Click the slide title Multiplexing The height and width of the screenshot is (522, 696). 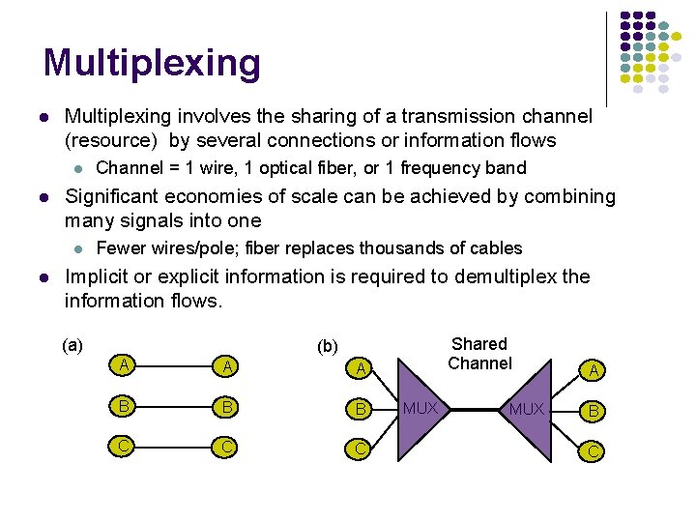click(x=152, y=63)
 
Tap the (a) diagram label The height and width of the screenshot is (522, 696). click(x=72, y=345)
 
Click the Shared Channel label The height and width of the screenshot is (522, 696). click(x=479, y=354)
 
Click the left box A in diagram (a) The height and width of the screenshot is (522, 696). click(x=122, y=365)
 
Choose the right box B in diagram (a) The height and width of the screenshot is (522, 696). click(x=226, y=406)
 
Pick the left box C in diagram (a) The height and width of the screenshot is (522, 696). click(x=122, y=448)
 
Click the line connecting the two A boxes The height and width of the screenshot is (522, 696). click(x=174, y=365)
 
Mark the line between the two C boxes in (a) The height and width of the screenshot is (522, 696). click(x=174, y=448)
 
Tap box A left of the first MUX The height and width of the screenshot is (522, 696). click(x=360, y=368)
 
